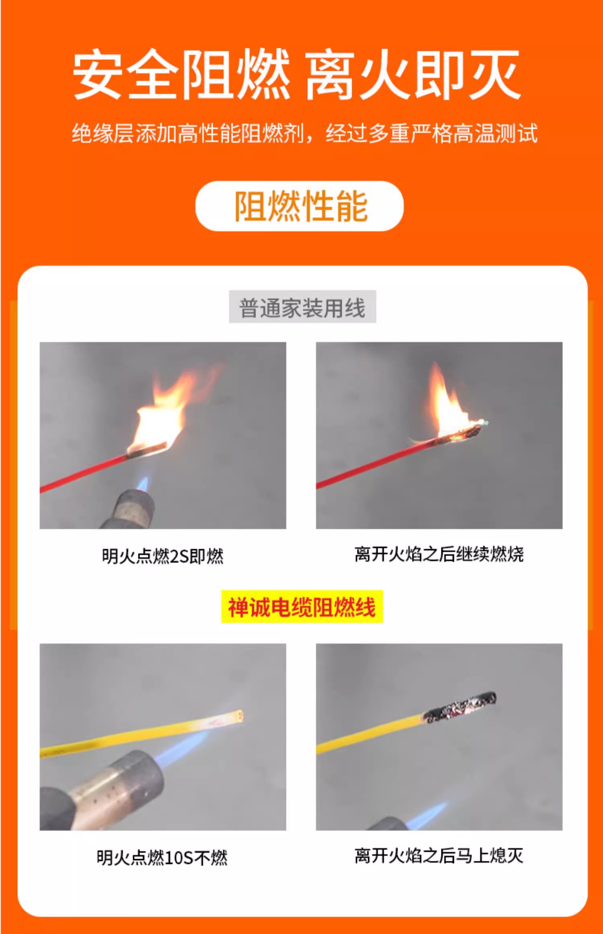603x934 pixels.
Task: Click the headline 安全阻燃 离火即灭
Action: coord(297,74)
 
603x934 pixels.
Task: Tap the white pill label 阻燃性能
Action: coord(299,206)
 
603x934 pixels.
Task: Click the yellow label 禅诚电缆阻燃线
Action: coord(302,607)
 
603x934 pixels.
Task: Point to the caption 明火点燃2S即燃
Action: coord(162,556)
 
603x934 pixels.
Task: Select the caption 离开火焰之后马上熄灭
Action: coord(439,855)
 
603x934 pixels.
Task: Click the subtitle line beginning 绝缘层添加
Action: coord(305,133)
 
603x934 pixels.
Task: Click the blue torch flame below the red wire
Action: coord(143,483)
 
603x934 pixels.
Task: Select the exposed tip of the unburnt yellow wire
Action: coord(239,716)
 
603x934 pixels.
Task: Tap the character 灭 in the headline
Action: coord(495,75)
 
